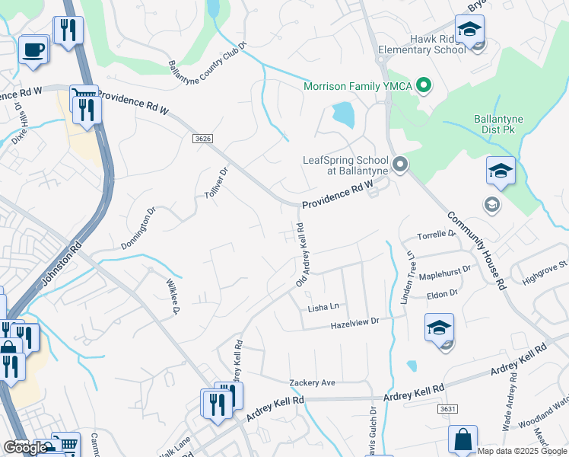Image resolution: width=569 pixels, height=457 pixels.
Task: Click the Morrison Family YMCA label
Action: [357, 86]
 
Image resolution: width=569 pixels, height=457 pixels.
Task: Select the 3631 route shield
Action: [447, 409]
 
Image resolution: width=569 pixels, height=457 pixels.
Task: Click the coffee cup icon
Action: [33, 50]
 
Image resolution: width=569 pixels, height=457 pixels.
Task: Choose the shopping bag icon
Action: [463, 440]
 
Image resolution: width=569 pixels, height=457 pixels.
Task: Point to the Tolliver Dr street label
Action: [217, 184]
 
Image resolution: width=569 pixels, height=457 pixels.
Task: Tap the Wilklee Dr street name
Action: [172, 296]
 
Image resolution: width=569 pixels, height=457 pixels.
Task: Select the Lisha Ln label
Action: [323, 307]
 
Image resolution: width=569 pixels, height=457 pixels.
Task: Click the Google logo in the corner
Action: [26, 448]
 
